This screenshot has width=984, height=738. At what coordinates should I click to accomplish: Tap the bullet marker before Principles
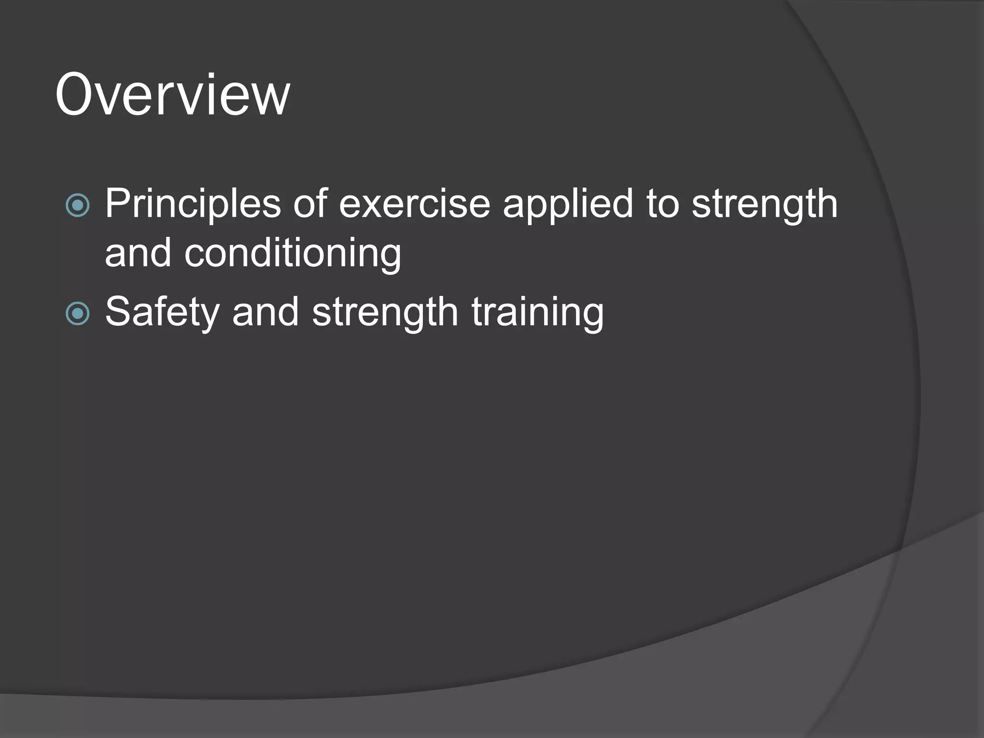pyautogui.click(x=77, y=205)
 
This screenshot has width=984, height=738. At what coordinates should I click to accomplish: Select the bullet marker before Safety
pyautogui.click(x=77, y=314)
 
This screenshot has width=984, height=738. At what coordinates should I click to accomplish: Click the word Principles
pyautogui.click(x=192, y=204)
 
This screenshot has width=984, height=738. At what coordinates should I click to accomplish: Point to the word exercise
pyautogui.click(x=415, y=204)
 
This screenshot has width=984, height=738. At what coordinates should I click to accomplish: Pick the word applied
pyautogui.click(x=568, y=204)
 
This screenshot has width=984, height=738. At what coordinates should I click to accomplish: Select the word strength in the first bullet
pyautogui.click(x=764, y=205)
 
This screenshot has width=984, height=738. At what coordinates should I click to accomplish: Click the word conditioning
pyautogui.click(x=293, y=254)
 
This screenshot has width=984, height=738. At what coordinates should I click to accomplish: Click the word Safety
pyautogui.click(x=162, y=313)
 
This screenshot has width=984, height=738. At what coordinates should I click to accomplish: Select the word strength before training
pyautogui.click(x=385, y=313)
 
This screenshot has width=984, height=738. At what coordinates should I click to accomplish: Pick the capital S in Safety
pyautogui.click(x=117, y=312)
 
